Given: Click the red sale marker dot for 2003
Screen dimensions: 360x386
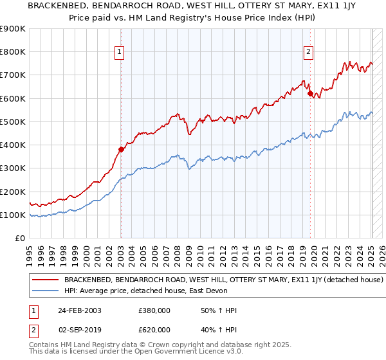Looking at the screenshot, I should [121, 150].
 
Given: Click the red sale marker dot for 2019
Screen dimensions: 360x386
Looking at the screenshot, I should [310, 94].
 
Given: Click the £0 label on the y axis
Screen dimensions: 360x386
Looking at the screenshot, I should [19, 239].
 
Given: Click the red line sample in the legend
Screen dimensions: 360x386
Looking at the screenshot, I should [45, 280].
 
